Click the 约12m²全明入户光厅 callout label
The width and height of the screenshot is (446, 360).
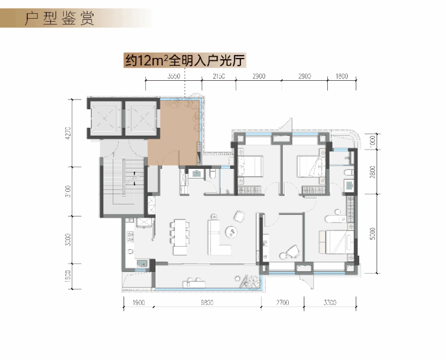[x=186, y=60]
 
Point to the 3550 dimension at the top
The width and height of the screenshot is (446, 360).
[x=174, y=77]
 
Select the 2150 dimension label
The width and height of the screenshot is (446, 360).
[x=218, y=77]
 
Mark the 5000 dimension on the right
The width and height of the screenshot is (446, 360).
[x=373, y=233]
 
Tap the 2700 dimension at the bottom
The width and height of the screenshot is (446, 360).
[x=283, y=303]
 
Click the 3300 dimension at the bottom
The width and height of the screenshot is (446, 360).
[x=330, y=303]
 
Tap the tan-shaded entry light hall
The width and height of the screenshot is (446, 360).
[x=178, y=133]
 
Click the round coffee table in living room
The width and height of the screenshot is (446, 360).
[x=231, y=231]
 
